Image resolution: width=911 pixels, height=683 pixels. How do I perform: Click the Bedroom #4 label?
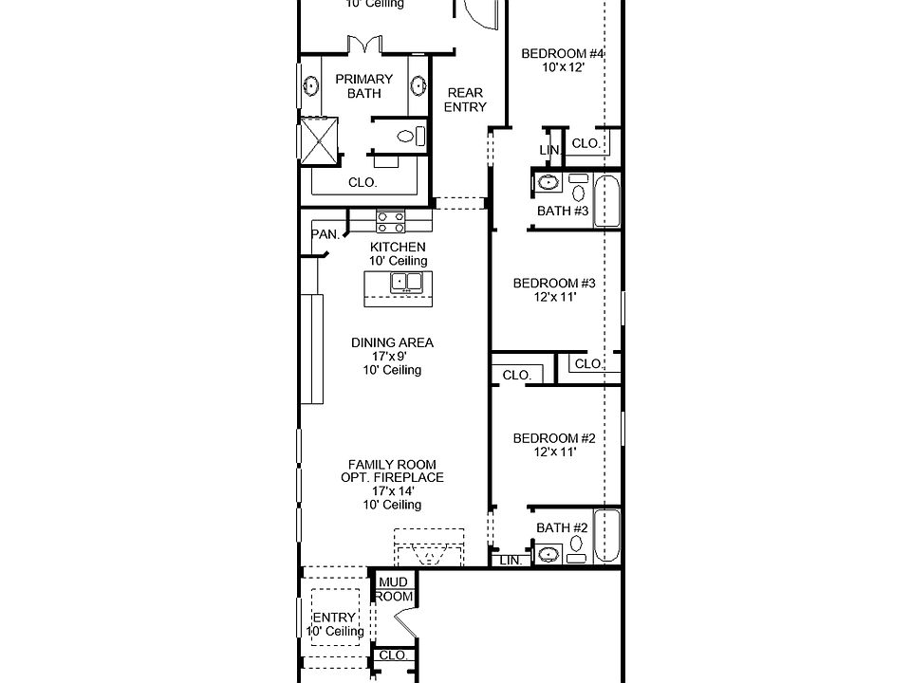point(563,53)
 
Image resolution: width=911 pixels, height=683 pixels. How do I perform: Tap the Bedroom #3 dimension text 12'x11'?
point(555,297)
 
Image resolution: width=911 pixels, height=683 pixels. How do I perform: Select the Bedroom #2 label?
point(554,438)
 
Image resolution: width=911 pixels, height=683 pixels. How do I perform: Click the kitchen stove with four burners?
point(390,221)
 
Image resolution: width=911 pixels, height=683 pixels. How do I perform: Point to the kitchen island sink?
point(405,282)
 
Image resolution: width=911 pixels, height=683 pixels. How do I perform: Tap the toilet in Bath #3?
point(578,189)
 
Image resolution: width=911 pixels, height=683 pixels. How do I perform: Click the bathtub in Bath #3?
point(607,200)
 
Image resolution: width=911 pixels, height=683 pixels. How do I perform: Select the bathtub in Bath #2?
point(607,535)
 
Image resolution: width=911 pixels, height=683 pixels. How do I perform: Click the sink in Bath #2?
point(548,555)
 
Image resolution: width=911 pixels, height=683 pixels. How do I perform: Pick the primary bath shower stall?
point(319,140)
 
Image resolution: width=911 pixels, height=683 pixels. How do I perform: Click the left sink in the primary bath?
point(311,86)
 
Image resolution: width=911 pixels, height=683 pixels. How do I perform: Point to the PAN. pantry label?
point(325,234)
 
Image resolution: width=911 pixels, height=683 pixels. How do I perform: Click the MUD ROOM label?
point(393,589)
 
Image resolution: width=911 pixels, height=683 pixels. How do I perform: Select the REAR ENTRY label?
point(465,100)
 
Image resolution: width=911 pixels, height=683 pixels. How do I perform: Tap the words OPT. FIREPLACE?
point(392,477)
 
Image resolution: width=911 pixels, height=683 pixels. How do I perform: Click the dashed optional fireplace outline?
point(429,546)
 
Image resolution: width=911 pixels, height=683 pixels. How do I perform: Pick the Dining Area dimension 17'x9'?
point(389,357)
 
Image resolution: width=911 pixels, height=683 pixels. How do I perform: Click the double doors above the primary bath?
point(364,45)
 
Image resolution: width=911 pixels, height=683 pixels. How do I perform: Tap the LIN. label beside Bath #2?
point(511,561)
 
